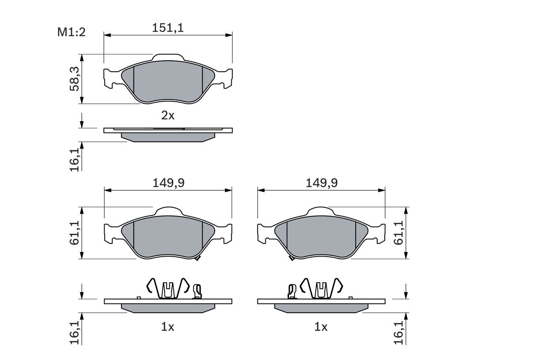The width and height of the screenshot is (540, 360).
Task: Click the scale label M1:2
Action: coord(71,32)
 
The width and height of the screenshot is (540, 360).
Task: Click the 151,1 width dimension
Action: coord(168,28)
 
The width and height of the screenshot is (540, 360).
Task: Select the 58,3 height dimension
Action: coord(74,79)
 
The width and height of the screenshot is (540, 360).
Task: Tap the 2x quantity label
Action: coord(168,115)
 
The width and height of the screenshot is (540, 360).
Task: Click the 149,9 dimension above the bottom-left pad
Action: coord(168,183)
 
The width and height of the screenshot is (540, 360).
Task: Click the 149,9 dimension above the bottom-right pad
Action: coord(321,183)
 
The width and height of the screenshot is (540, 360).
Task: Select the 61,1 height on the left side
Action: coord(74,233)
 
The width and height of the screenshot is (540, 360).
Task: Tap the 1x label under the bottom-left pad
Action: coord(168,327)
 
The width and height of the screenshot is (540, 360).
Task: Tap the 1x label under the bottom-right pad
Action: coord(321,327)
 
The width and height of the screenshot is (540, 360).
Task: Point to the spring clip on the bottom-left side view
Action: coord(168,288)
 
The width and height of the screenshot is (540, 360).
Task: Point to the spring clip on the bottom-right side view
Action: coord(321,288)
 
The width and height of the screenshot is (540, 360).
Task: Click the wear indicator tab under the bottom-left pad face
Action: coord(197,258)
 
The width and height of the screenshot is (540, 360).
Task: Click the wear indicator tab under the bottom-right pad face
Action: coord(291,258)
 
